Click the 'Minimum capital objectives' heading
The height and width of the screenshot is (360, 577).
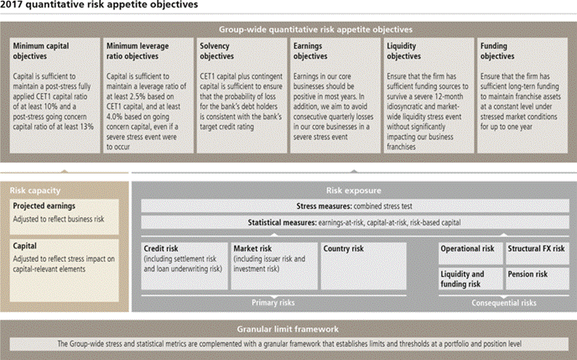[41, 51]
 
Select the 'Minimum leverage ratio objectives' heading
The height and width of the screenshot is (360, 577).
[138, 51]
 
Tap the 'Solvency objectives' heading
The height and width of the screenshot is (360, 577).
[216, 51]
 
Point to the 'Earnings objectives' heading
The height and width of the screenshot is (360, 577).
[310, 51]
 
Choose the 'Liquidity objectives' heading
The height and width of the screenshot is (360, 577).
[403, 51]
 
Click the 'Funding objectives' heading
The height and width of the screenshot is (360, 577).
[497, 51]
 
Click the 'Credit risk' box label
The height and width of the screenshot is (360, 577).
[161, 249]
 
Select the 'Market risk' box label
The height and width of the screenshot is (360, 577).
[252, 249]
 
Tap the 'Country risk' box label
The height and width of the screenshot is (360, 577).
[343, 249]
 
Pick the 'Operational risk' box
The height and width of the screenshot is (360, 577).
[470, 253]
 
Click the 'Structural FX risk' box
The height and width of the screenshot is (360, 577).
[538, 253]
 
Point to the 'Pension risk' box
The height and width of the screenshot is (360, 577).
[538, 279]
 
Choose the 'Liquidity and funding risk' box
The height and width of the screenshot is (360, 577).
[470, 279]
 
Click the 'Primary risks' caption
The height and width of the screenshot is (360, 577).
[273, 303]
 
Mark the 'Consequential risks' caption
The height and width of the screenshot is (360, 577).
[504, 303]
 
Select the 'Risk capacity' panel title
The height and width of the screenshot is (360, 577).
[35, 190]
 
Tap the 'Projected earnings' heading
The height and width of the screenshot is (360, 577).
[44, 206]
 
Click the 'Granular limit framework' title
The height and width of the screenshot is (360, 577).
[288, 329]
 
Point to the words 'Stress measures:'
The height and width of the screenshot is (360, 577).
[324, 206]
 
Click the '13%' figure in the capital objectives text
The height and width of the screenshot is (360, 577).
[87, 127]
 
